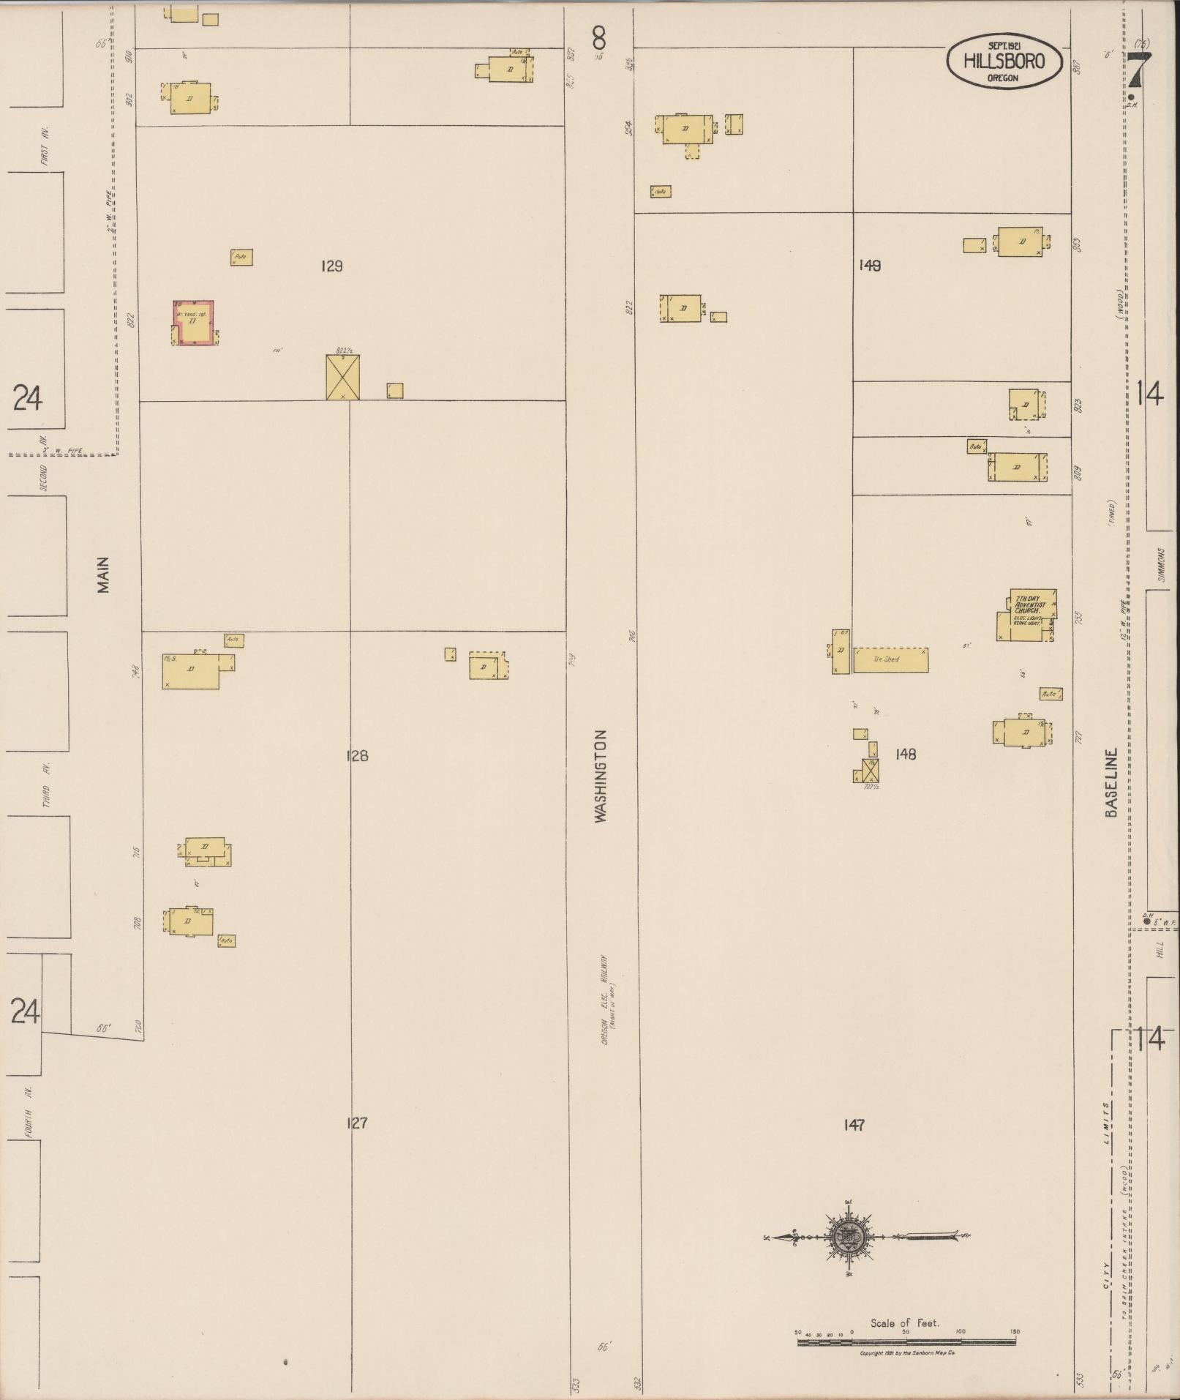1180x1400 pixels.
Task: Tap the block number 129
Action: point(331,266)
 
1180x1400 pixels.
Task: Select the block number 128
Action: point(356,755)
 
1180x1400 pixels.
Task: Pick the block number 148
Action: point(905,754)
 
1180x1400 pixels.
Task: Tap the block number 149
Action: point(870,266)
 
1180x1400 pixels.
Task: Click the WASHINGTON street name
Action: point(601,776)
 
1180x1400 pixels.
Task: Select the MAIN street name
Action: point(103,574)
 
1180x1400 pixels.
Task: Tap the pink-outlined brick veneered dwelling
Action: point(195,322)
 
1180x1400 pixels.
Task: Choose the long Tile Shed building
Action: point(890,659)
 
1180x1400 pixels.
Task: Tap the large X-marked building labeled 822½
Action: point(342,377)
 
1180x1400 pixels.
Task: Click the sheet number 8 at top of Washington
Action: point(599,34)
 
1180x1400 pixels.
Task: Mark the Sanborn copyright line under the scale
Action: point(908,1354)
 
